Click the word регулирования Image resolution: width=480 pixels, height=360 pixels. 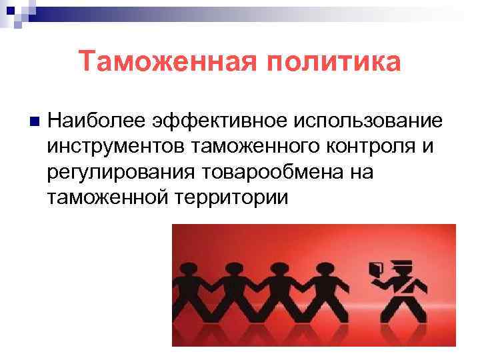pyautogui.click(x=119, y=172)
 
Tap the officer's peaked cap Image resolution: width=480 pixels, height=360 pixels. pyautogui.click(x=401, y=265)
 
